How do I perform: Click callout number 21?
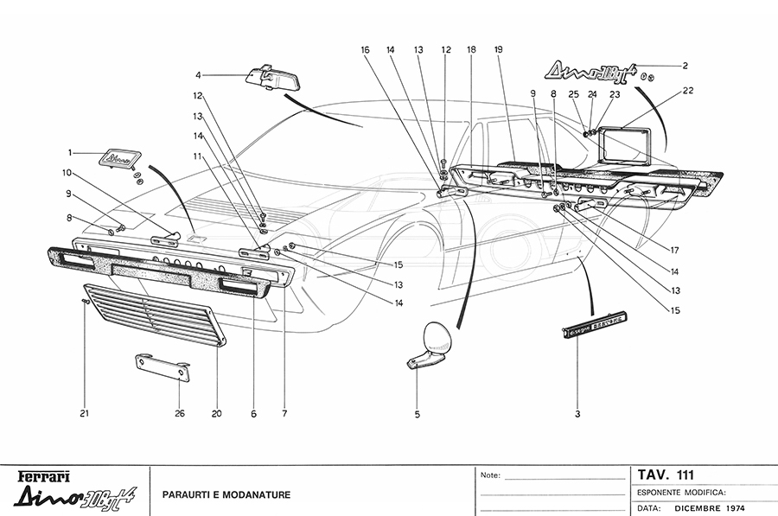coord(85,413)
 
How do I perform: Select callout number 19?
coord(499,50)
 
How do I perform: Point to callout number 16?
coord(365,50)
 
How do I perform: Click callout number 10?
coord(66,172)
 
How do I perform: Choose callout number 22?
coord(687,90)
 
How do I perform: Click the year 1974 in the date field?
coord(730,508)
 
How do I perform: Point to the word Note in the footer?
coord(490,475)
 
